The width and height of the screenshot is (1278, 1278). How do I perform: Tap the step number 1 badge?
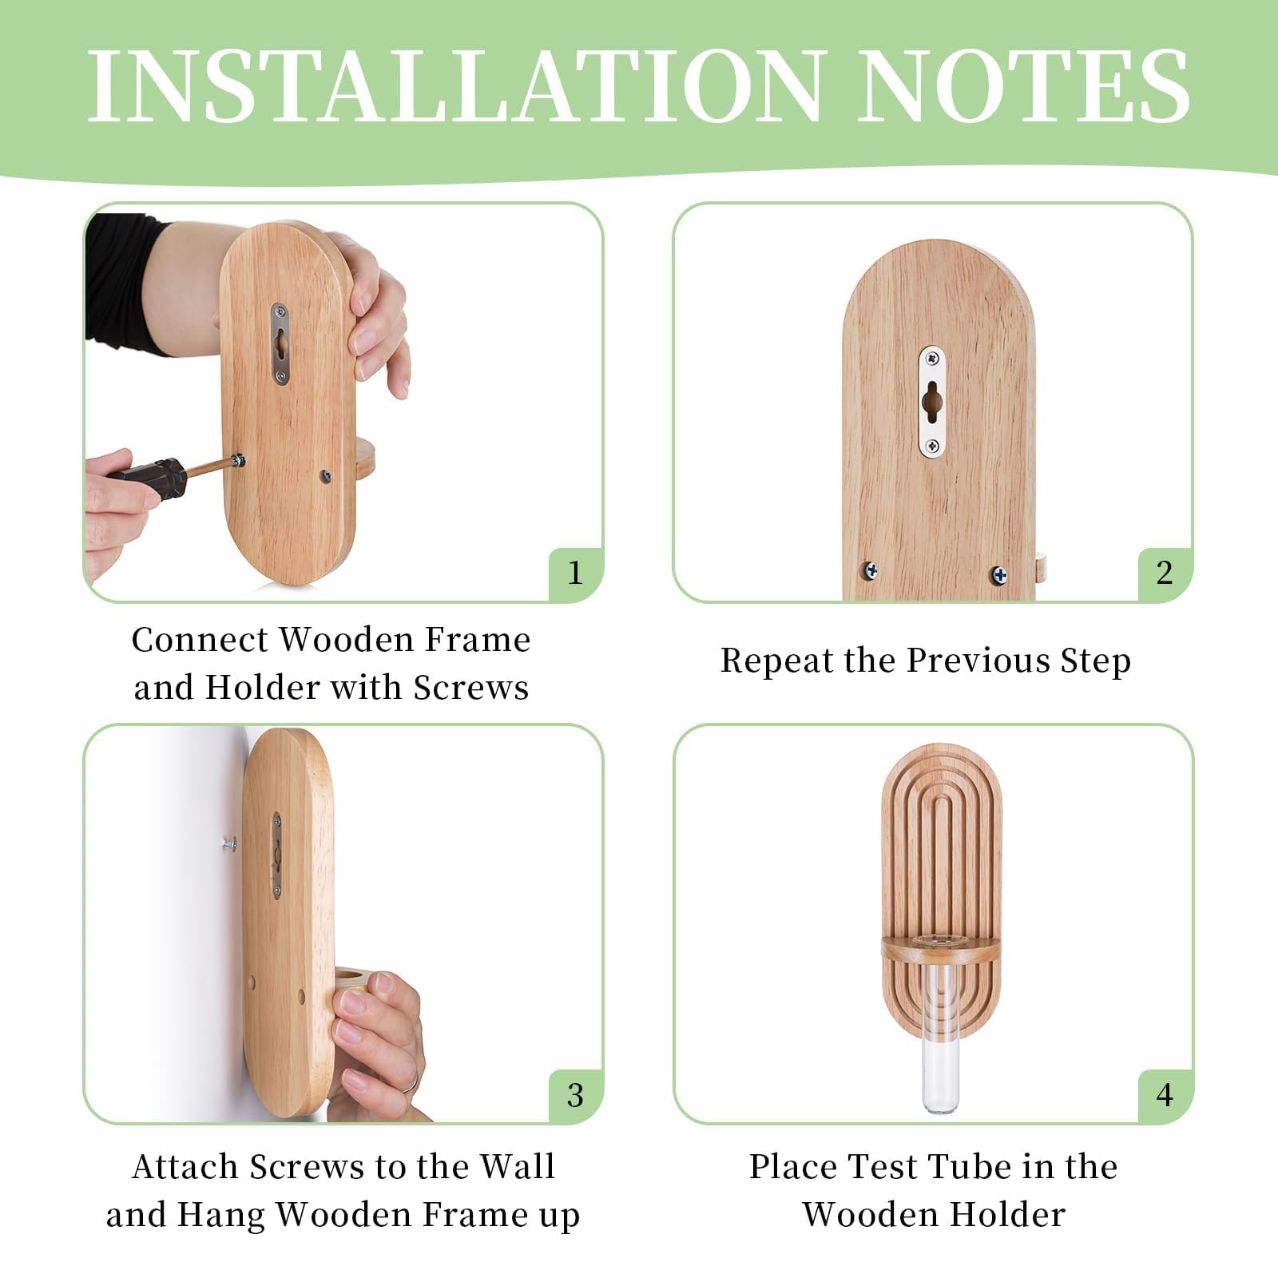(575, 574)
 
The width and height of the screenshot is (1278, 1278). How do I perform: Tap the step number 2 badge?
(1165, 574)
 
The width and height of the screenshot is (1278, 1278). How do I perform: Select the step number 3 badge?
(575, 1095)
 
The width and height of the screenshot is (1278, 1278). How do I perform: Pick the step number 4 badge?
(1165, 1095)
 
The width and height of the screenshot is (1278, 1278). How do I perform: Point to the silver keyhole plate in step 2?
(931, 403)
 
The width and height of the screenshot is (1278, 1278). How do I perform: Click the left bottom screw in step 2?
(870, 571)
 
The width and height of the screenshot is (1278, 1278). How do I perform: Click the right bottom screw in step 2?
(998, 574)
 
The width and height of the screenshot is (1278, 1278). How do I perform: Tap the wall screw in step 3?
(229, 842)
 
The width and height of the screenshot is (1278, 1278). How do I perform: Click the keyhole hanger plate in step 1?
(280, 343)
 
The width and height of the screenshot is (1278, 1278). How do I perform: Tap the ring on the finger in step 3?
(409, 1082)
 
